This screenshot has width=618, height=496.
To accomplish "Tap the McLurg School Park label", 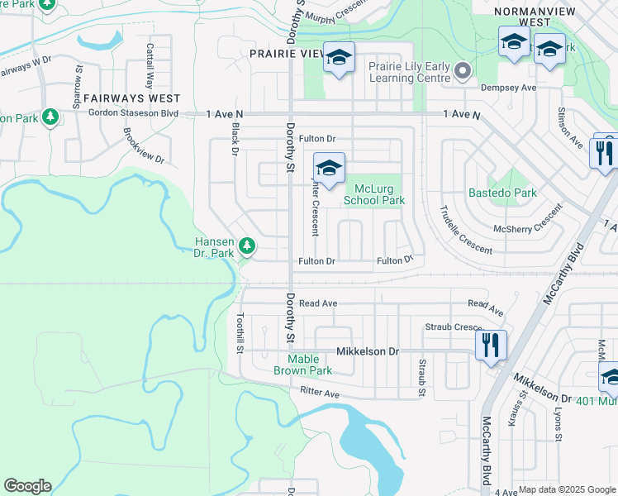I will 373,194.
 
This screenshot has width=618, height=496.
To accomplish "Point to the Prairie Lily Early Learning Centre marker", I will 463,70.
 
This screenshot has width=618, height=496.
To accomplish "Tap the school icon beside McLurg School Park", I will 329,168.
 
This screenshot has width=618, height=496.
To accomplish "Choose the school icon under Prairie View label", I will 338,57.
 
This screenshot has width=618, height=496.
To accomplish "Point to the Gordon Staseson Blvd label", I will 133,112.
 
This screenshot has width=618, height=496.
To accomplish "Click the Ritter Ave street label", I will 321,393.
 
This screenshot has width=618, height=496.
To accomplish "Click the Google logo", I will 27,486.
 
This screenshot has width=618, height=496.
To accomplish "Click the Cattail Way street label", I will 150,65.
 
